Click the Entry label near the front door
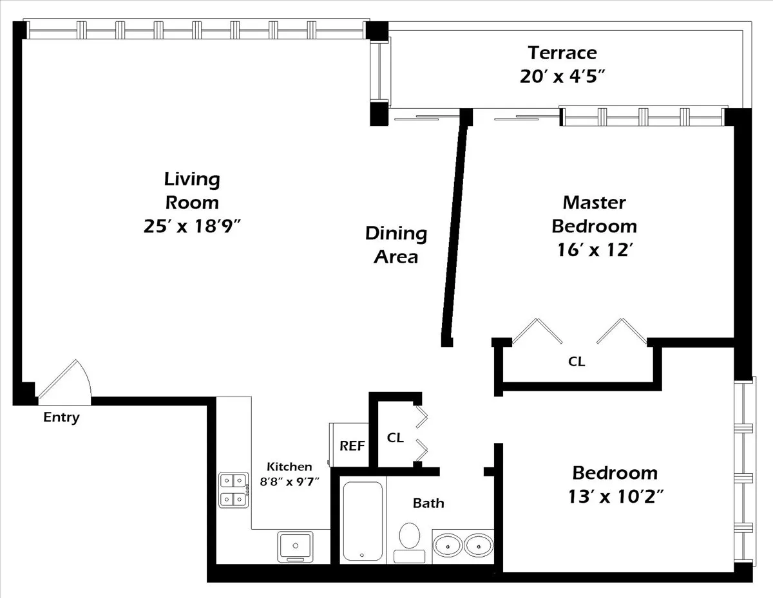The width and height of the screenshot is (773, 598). tap(61, 417)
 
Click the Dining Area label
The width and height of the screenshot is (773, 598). tap(396, 245)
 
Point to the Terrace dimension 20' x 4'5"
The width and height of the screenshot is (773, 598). tap(562, 76)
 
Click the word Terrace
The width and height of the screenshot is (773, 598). tap(562, 52)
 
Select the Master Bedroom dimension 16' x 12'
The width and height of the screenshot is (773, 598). tap(593, 250)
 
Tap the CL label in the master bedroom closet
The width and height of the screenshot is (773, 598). tap(577, 362)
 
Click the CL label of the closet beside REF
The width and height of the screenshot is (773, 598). tap(395, 438)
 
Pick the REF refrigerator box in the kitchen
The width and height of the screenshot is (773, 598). tap(351, 445)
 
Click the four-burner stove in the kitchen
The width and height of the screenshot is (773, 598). tap(234, 489)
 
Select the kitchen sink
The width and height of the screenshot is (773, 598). tap(295, 547)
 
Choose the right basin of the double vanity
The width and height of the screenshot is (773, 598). tap(478, 546)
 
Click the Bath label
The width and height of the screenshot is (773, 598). tap(428, 503)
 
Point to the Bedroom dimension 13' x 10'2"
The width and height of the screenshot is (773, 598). tap(615, 496)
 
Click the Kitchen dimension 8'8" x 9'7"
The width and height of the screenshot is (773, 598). tap(289, 481)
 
